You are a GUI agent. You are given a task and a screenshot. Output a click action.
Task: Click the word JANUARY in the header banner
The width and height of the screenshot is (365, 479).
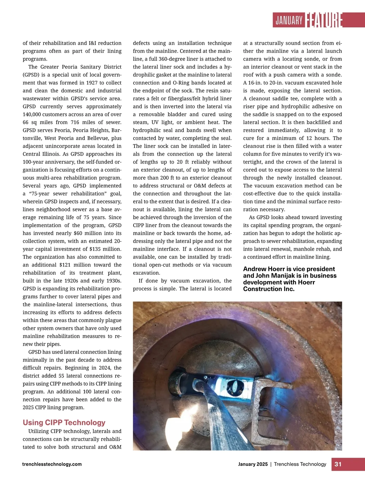[x=289, y=20]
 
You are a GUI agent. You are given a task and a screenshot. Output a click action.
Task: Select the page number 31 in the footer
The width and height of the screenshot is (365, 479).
[x=338, y=464]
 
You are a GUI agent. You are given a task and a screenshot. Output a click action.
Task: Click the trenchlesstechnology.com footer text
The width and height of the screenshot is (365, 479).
[x=52, y=464]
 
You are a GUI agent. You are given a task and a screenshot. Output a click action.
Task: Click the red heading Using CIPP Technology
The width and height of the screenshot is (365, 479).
[x=64, y=422]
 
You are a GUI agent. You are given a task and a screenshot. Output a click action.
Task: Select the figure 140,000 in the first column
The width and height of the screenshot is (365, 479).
[x=34, y=114]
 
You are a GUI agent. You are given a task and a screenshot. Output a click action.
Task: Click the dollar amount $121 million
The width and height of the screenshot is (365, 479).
[x=71, y=265]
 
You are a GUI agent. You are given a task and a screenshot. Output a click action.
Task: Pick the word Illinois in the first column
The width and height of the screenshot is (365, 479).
[x=50, y=154]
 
